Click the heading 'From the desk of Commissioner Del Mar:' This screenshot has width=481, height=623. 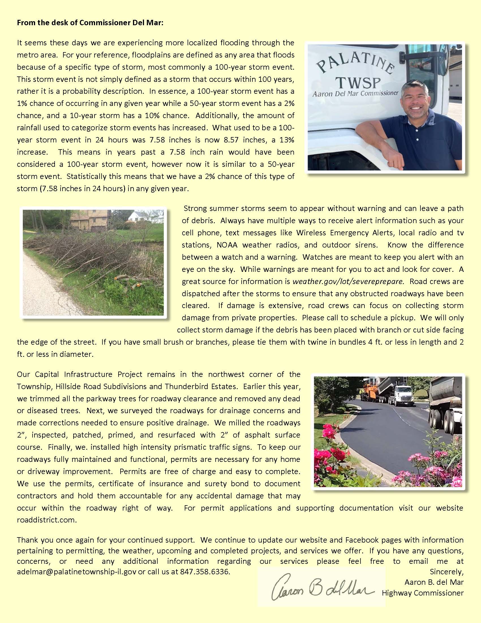90,23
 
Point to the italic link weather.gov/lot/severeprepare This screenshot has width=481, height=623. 348,281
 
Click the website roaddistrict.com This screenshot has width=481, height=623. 47,520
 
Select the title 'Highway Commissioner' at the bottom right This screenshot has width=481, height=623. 423,593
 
